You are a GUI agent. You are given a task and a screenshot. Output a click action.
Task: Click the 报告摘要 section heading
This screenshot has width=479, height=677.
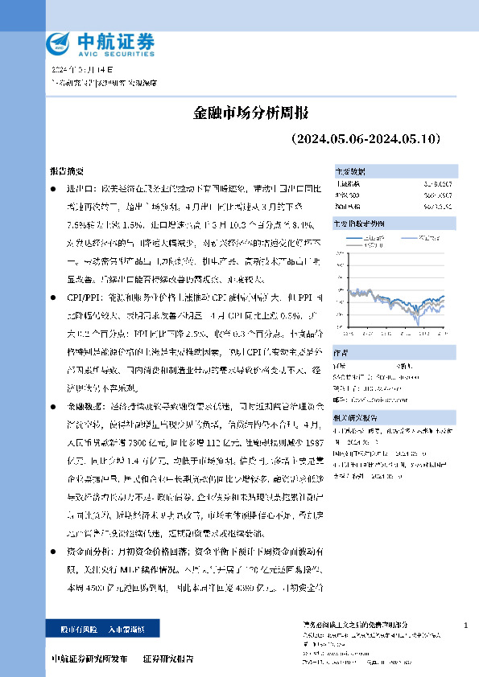point(66,172)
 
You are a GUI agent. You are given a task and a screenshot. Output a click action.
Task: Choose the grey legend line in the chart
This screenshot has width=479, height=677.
point(407,237)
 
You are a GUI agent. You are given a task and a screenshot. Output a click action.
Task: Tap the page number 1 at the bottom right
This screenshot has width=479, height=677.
point(466,626)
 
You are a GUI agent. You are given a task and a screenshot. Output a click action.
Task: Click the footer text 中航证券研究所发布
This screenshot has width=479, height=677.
point(89,659)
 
